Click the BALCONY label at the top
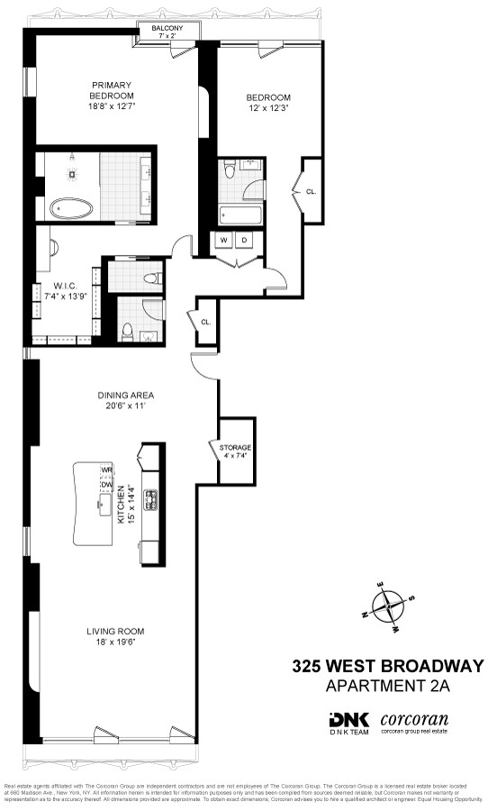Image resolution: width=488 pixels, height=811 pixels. [x=167, y=29]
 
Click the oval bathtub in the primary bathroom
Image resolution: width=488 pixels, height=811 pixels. [x=71, y=208]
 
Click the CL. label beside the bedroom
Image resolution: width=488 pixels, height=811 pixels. [x=311, y=191]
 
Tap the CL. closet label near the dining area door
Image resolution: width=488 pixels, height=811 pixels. [x=205, y=322]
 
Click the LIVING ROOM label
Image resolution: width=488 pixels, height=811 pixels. [x=115, y=631]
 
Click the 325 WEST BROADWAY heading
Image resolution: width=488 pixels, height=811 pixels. [x=387, y=667]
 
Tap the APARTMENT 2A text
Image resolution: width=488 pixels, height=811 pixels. [x=387, y=688]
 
